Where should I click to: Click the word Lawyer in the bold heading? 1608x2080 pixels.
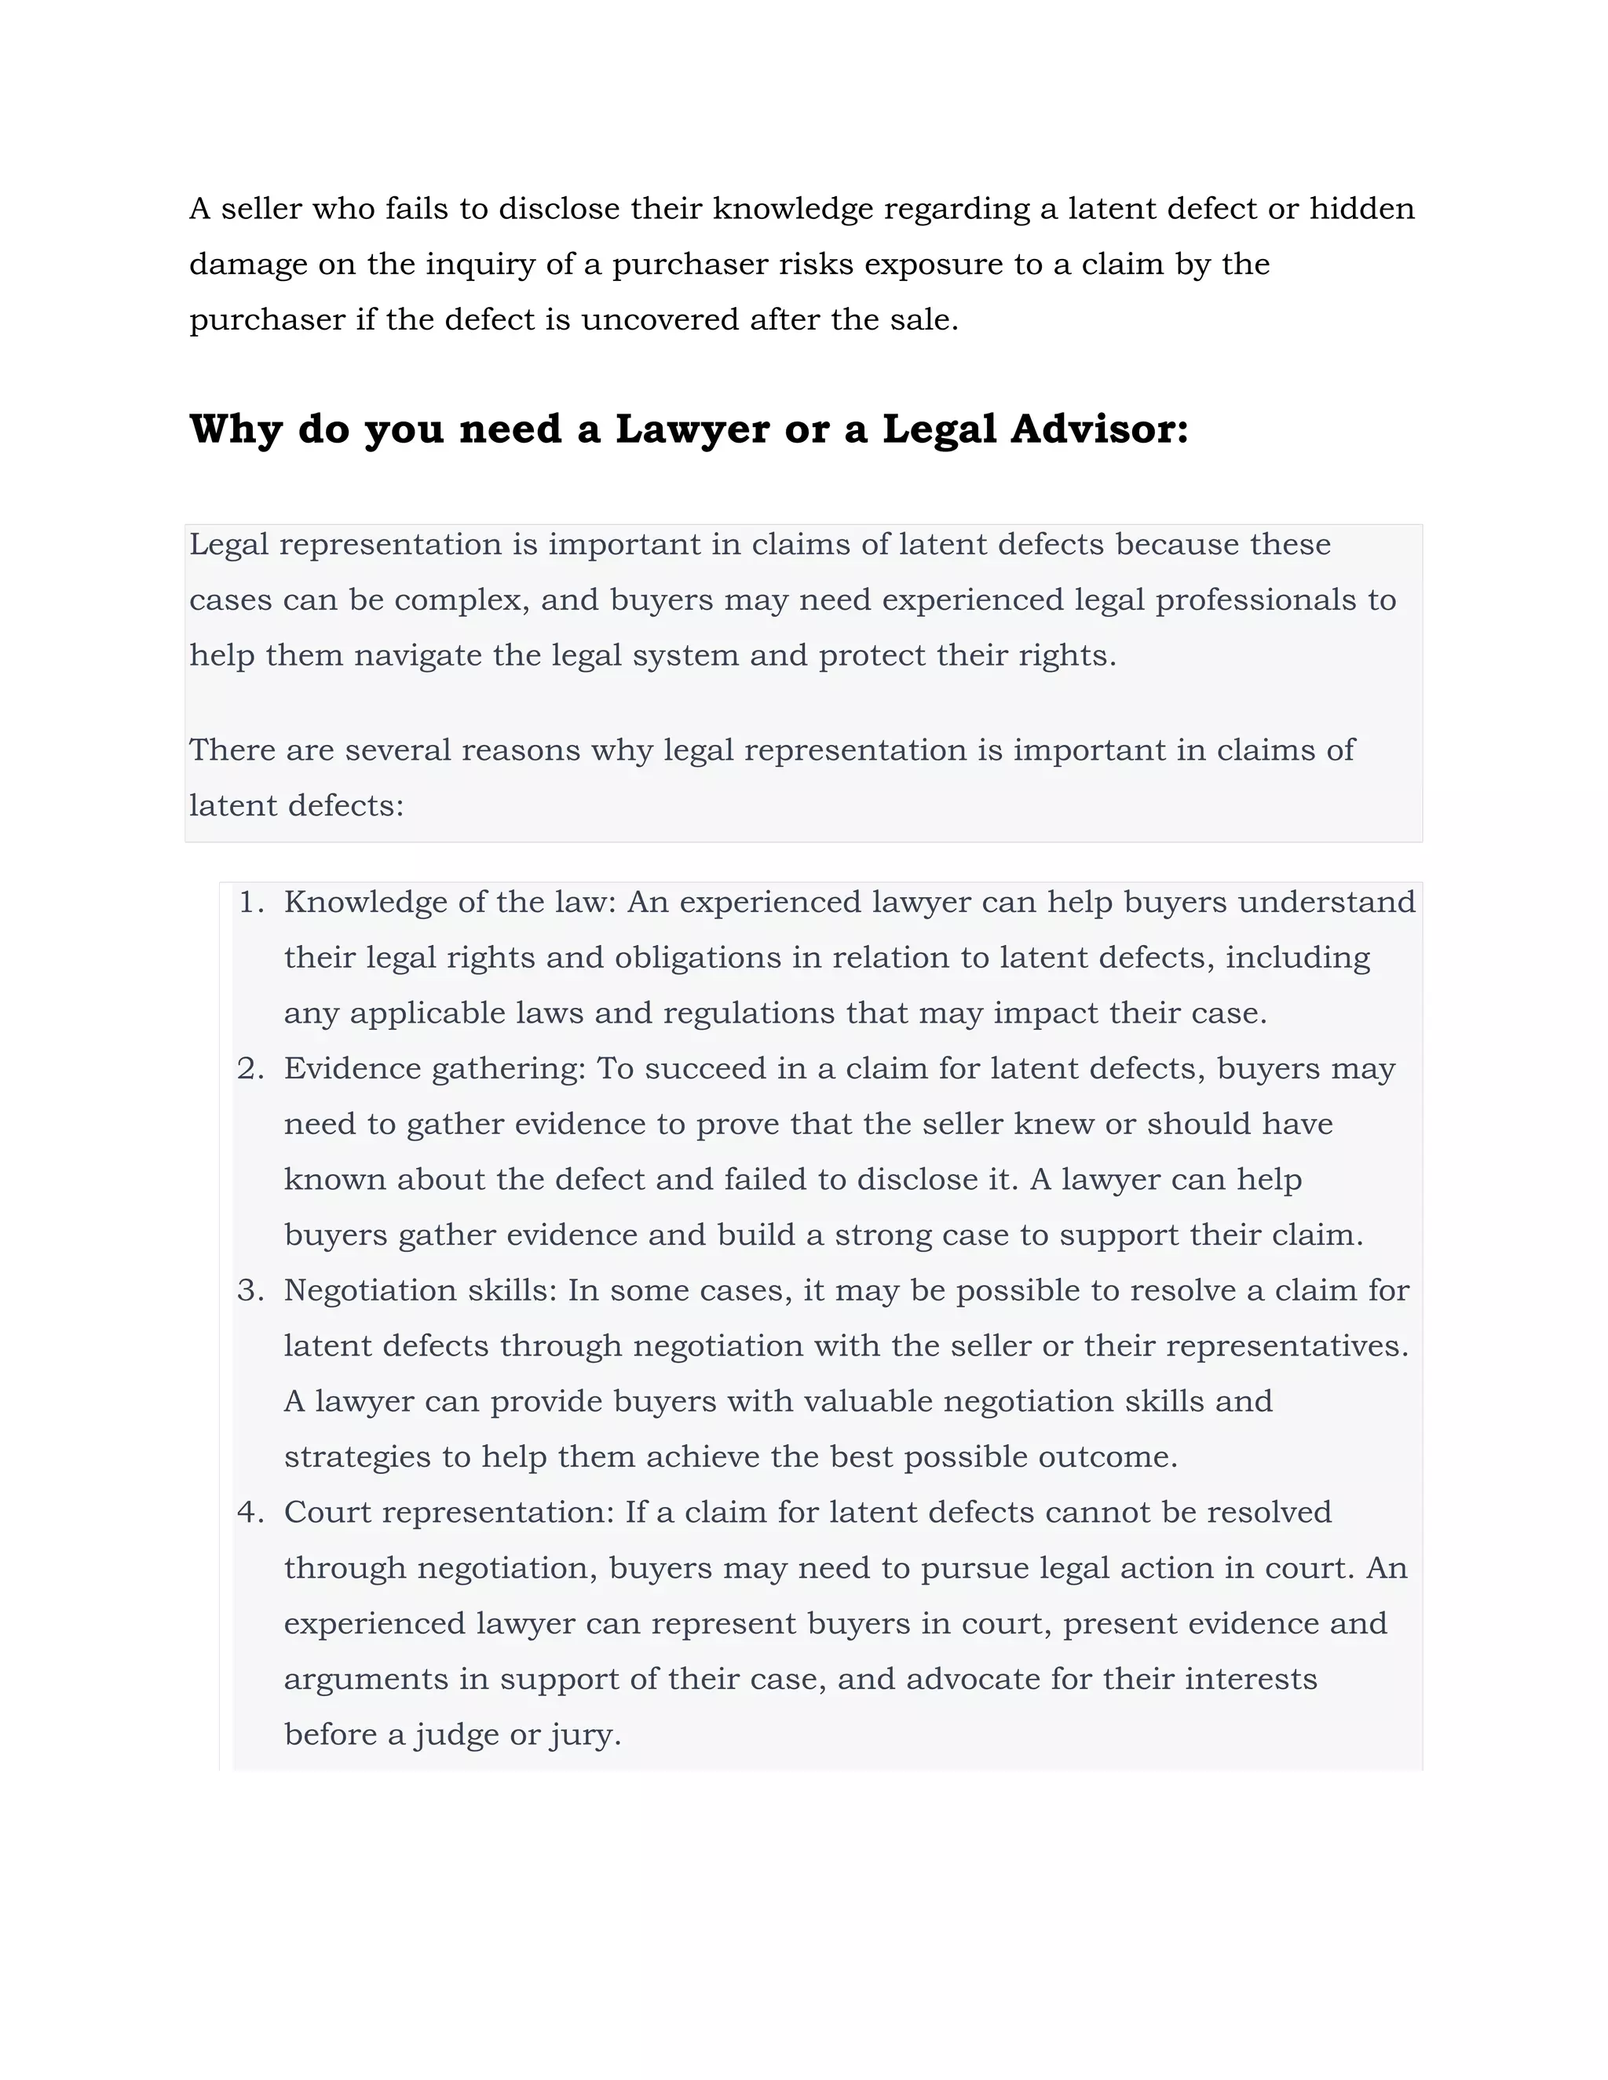click(x=692, y=429)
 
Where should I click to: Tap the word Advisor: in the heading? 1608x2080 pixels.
click(x=1099, y=429)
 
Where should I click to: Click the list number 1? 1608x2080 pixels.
click(x=250, y=902)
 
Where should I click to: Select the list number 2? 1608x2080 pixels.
click(x=250, y=1068)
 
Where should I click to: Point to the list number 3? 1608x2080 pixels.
click(x=250, y=1290)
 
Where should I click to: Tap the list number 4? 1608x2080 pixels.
click(x=250, y=1513)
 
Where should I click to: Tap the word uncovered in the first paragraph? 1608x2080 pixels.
click(x=660, y=320)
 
